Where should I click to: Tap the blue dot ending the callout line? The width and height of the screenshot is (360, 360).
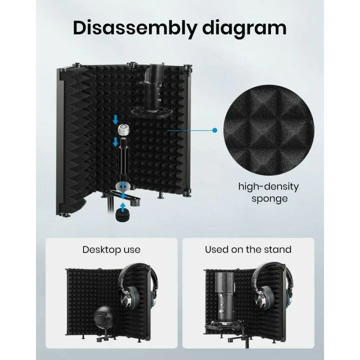(x=214, y=130)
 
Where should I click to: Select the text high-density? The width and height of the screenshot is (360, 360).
(x=268, y=187)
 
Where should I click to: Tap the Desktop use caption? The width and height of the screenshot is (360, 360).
(x=111, y=249)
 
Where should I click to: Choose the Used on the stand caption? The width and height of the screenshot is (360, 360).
(x=248, y=249)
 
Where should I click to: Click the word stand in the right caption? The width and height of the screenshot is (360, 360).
(x=278, y=249)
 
